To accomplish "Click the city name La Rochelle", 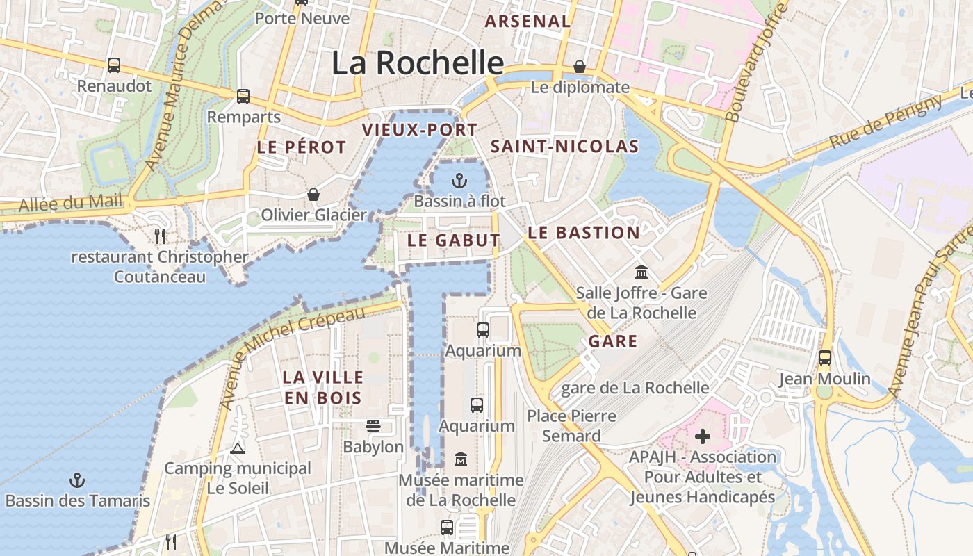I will pyautogui.click(x=417, y=63).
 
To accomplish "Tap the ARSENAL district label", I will pyautogui.click(x=528, y=22).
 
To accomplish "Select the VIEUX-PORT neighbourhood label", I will pyautogui.click(x=419, y=130).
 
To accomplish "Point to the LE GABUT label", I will pyautogui.click(x=453, y=240).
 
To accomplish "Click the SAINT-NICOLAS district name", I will pyautogui.click(x=564, y=147).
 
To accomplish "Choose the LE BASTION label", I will pyautogui.click(x=583, y=233).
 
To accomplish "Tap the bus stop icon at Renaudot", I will pyautogui.click(x=114, y=65).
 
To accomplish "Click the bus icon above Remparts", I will pyautogui.click(x=243, y=97).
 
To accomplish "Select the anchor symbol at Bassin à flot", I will pyautogui.click(x=458, y=181).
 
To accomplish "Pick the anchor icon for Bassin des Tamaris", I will pyautogui.click(x=77, y=480).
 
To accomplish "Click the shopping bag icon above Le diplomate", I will pyautogui.click(x=580, y=67).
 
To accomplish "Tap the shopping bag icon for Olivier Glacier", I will pyautogui.click(x=313, y=195).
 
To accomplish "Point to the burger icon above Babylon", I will pyautogui.click(x=373, y=426).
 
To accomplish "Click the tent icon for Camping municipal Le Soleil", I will pyautogui.click(x=238, y=448).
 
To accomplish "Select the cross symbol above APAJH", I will pyautogui.click(x=703, y=436).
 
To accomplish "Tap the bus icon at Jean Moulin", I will pyautogui.click(x=824, y=358).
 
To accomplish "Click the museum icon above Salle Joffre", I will pyautogui.click(x=641, y=272).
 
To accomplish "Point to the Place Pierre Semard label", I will pyautogui.click(x=571, y=426).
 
